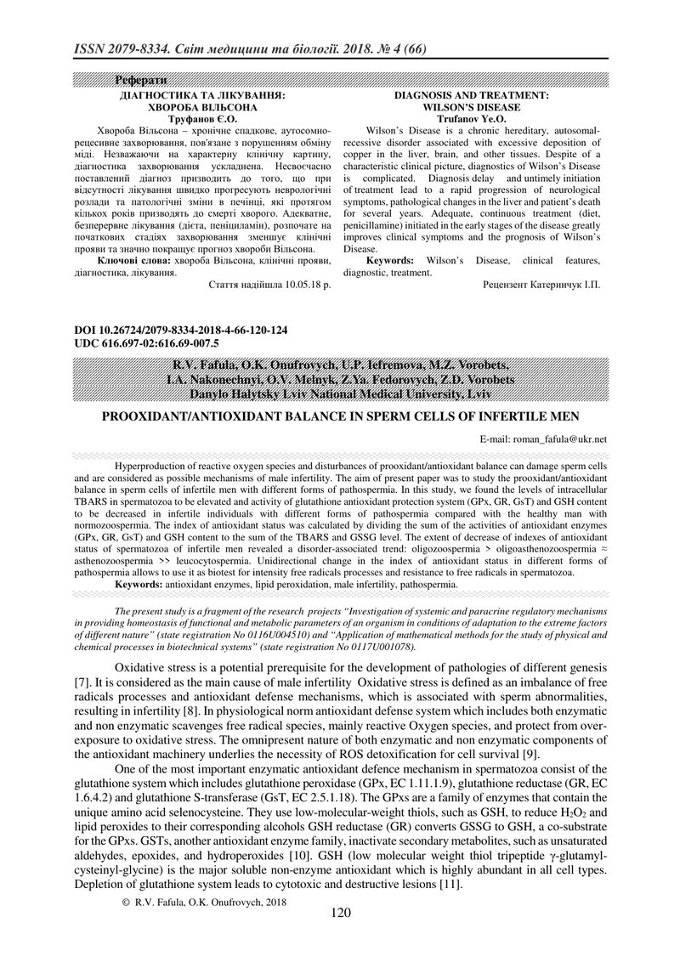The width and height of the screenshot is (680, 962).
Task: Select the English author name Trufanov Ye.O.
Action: pos(471,120)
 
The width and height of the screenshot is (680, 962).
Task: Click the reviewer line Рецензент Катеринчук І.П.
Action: pos(541,286)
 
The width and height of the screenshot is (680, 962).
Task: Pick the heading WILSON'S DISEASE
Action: pos(471,108)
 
